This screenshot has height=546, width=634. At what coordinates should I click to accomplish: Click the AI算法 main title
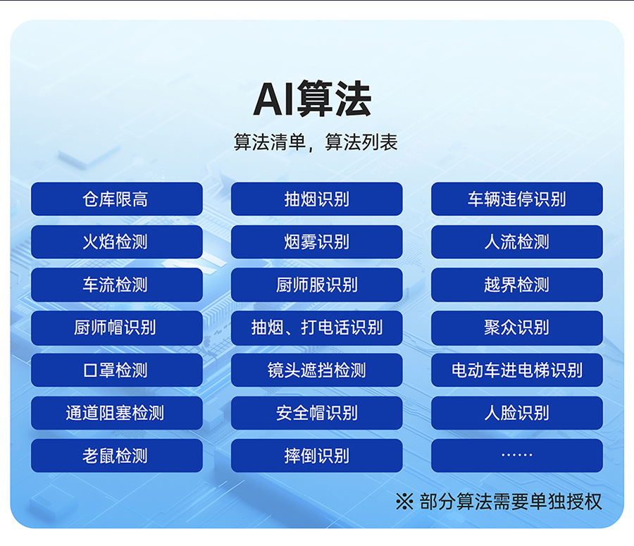point(312,99)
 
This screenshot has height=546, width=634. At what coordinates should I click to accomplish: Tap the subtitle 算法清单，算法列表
point(316,142)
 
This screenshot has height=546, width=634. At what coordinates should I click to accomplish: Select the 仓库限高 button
point(116,199)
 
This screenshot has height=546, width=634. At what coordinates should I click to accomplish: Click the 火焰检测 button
point(116,242)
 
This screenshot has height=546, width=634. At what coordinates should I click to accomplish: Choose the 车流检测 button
point(116,285)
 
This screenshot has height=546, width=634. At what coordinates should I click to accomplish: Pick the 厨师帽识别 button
point(116,328)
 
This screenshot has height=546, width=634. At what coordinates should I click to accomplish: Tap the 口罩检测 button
point(116,370)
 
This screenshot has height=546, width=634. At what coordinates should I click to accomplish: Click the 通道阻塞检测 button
point(116,413)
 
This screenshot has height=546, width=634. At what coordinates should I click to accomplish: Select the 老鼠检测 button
point(116,456)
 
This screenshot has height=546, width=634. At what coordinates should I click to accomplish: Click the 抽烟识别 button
point(316,199)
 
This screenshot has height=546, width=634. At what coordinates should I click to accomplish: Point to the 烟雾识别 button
point(316,242)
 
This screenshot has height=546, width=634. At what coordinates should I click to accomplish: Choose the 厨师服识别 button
point(316,285)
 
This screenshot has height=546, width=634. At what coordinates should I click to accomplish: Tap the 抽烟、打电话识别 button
point(316,328)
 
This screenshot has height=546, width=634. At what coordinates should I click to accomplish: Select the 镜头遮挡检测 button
point(316,370)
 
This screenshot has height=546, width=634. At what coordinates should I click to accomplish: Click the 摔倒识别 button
point(316,456)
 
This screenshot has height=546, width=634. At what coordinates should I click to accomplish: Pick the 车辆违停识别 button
point(517,199)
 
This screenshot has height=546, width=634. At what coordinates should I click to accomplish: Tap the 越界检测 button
point(517,285)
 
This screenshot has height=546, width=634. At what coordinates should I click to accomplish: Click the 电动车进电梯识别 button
point(517,370)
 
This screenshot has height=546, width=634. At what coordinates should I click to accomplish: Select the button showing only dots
point(517,456)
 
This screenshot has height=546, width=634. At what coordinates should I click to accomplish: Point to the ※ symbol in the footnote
point(404,502)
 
